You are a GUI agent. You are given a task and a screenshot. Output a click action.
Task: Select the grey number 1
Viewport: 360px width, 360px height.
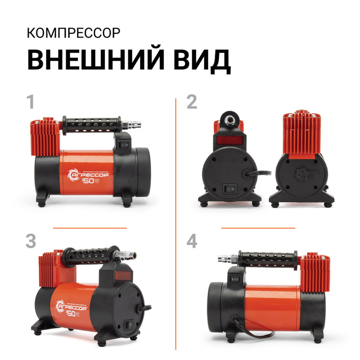30,102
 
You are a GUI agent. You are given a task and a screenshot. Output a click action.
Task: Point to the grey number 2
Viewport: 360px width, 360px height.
191,102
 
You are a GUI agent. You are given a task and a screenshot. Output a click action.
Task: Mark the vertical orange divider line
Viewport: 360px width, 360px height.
176,222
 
